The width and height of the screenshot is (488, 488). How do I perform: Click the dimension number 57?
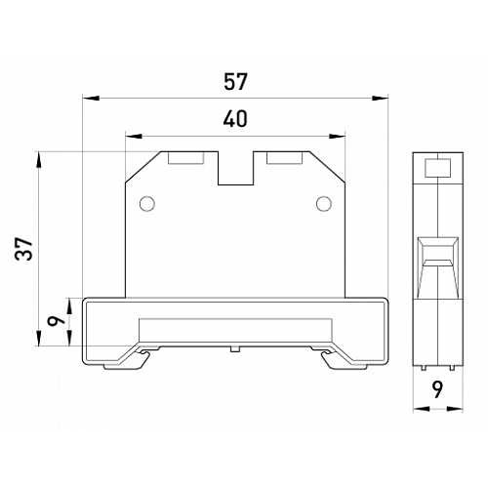tap(235, 81)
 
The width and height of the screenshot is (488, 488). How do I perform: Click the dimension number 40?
tap(235, 118)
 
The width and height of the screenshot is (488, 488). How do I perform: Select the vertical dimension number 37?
tap(24, 249)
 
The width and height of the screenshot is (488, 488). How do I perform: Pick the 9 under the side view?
tap(438, 390)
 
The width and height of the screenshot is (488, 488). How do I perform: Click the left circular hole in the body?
tap(147, 204)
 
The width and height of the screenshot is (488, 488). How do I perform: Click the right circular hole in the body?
tap(324, 204)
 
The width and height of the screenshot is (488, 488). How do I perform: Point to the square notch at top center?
tap(235, 168)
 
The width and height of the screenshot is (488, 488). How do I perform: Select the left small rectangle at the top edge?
tap(186, 158)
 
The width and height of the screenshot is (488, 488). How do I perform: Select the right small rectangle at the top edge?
tap(284, 158)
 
